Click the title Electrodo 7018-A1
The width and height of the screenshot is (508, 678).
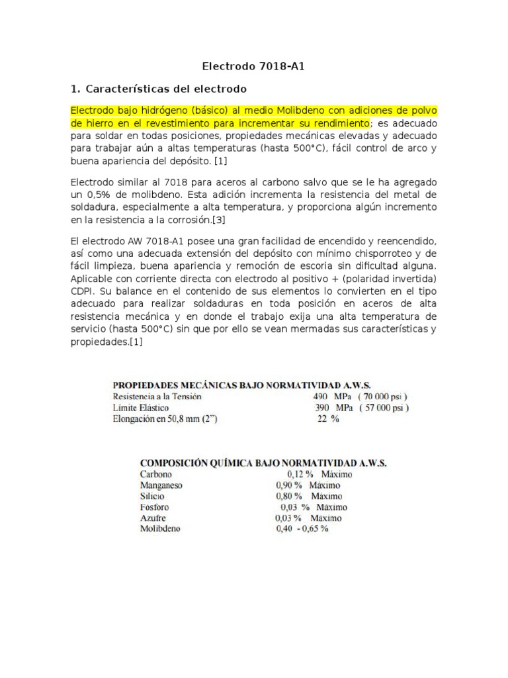(253, 67)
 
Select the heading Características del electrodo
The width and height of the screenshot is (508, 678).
(165, 89)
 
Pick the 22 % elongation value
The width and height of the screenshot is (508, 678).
(328, 418)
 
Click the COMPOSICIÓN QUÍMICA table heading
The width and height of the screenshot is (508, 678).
(263, 463)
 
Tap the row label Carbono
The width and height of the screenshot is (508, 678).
(156, 474)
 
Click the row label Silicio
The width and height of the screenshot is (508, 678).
(154, 496)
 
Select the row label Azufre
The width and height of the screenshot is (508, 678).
(153, 518)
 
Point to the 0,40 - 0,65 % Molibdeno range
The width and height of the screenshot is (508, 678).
(303, 529)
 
